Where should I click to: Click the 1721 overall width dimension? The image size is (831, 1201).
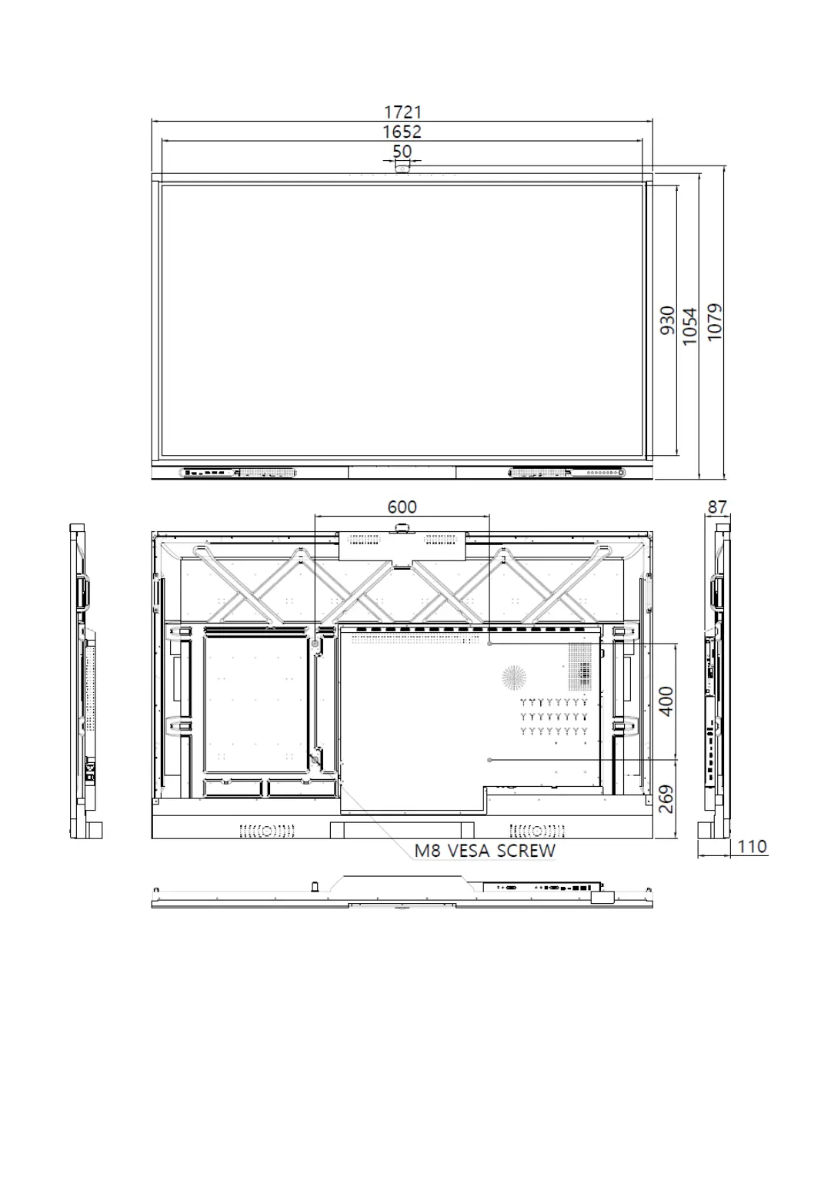click(x=402, y=112)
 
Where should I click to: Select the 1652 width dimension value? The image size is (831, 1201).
click(x=402, y=132)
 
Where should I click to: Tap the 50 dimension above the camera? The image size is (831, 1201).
click(x=402, y=151)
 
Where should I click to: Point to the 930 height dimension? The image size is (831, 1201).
click(x=667, y=320)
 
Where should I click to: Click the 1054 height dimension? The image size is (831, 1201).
click(x=690, y=326)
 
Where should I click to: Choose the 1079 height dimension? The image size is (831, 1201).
click(x=715, y=322)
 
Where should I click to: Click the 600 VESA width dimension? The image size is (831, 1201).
click(x=402, y=507)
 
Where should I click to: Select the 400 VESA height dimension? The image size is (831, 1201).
click(x=666, y=701)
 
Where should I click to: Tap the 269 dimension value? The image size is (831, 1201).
click(x=666, y=799)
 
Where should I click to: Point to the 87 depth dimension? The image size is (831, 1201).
click(x=717, y=507)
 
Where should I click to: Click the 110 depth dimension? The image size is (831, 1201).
click(x=753, y=847)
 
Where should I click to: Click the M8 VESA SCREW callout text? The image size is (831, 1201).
click(x=485, y=851)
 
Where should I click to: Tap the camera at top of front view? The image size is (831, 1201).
click(x=402, y=169)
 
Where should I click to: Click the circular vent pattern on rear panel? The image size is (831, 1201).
click(x=514, y=677)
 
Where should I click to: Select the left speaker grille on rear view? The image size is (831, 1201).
click(x=267, y=831)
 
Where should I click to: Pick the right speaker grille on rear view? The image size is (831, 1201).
click(x=537, y=831)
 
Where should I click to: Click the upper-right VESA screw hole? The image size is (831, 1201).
click(x=489, y=644)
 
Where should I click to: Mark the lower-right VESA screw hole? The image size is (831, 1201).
click(x=489, y=760)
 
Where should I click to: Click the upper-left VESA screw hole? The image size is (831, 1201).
click(x=315, y=644)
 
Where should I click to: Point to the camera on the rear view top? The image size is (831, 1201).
click(x=402, y=528)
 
